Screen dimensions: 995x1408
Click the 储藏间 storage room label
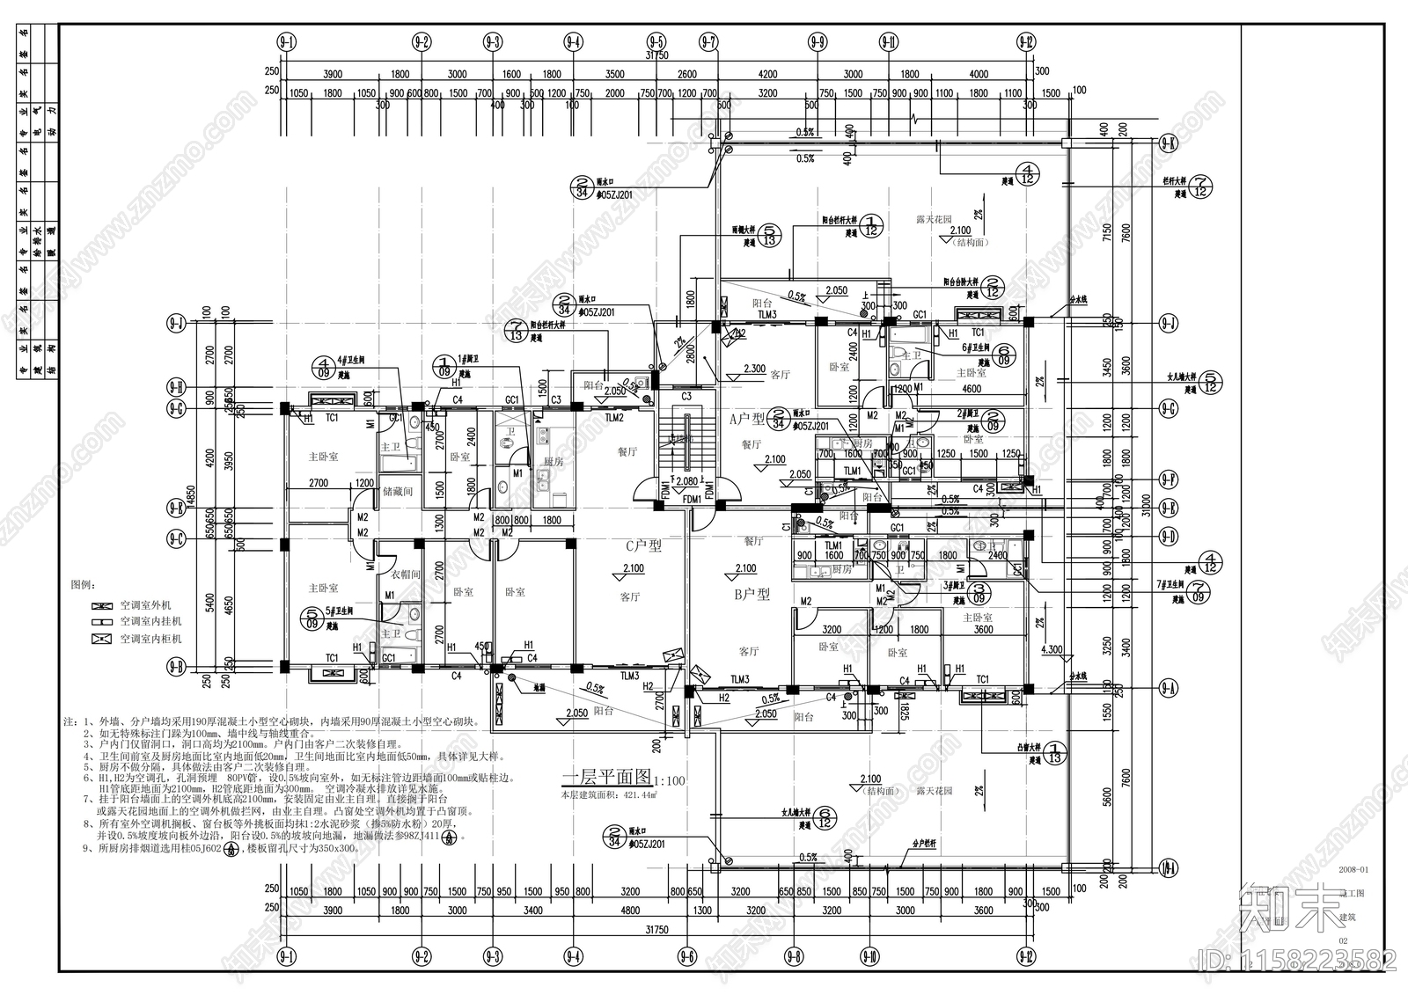tap(396, 493)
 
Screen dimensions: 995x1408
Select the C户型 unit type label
tap(642, 545)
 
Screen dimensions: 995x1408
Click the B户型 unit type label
tap(752, 595)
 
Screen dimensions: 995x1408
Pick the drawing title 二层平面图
tap(605, 778)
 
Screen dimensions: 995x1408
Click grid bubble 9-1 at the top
tap(287, 41)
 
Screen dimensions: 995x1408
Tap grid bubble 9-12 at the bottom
tap(1025, 955)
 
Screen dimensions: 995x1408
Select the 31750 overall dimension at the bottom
tap(653, 929)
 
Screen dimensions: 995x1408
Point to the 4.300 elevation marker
tap(1051, 650)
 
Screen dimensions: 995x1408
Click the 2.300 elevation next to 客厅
tap(754, 369)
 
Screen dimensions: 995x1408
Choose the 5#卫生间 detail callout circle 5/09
tap(312, 618)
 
